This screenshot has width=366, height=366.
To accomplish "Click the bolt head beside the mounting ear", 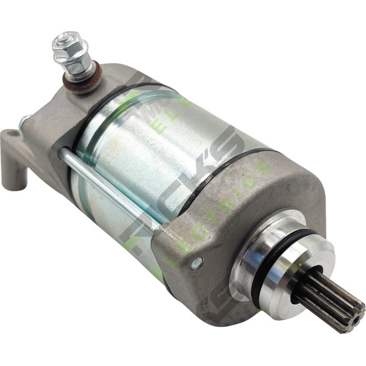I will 23,122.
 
